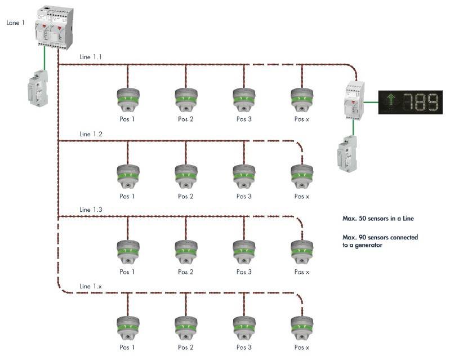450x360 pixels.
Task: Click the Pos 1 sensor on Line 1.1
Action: (x=128, y=99)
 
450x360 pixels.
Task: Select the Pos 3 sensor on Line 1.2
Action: (x=243, y=175)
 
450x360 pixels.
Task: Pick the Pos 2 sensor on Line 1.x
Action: (x=185, y=327)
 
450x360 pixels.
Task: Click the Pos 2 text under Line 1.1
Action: (x=186, y=119)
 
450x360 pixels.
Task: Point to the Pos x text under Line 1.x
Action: (x=302, y=348)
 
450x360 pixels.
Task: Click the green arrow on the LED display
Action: (x=390, y=102)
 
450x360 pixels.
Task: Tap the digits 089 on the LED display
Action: (x=420, y=102)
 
